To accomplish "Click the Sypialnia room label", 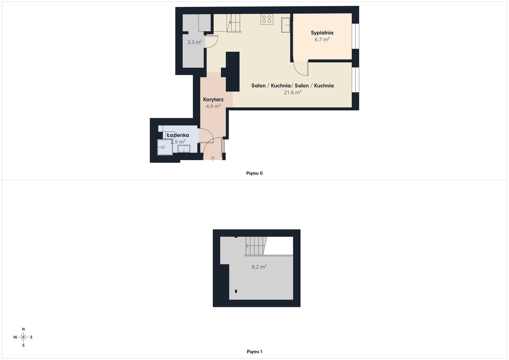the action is pyautogui.click(x=322, y=33).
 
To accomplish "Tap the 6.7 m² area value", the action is pyautogui.click(x=322, y=40).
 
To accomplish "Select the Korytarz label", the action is pyautogui.click(x=213, y=99).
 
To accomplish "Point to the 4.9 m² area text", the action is pyautogui.click(x=213, y=106).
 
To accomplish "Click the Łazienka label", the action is pyautogui.click(x=178, y=135).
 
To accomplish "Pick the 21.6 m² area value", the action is pyautogui.click(x=293, y=92).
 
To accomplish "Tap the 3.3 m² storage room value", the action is pyautogui.click(x=195, y=42).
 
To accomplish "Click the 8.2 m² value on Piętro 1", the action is pyautogui.click(x=259, y=267).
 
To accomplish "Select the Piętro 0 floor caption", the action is pyautogui.click(x=254, y=174).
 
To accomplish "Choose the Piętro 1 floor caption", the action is pyautogui.click(x=254, y=352).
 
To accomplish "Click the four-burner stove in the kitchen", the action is pyautogui.click(x=267, y=19).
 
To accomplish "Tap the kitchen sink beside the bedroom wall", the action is pyautogui.click(x=286, y=25).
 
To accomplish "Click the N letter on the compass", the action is pyautogui.click(x=23, y=329).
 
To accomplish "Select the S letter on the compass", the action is pyautogui.click(x=23, y=346).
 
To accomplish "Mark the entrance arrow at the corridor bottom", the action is pyautogui.click(x=213, y=159).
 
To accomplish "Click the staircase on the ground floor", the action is pyautogui.click(x=234, y=23).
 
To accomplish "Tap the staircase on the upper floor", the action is pyautogui.click(x=255, y=246).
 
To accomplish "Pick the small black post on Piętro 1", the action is pyautogui.click(x=236, y=291).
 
